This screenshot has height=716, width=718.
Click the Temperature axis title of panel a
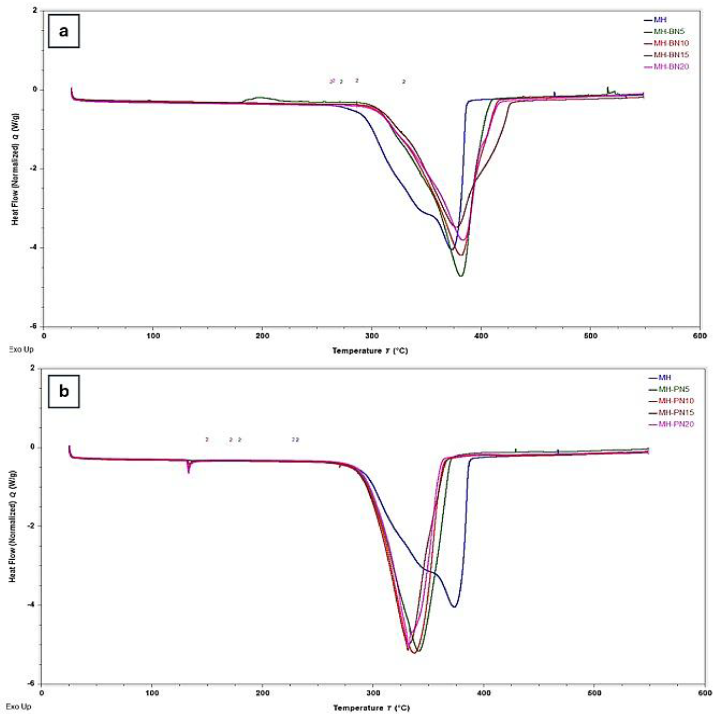pos(370,351)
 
